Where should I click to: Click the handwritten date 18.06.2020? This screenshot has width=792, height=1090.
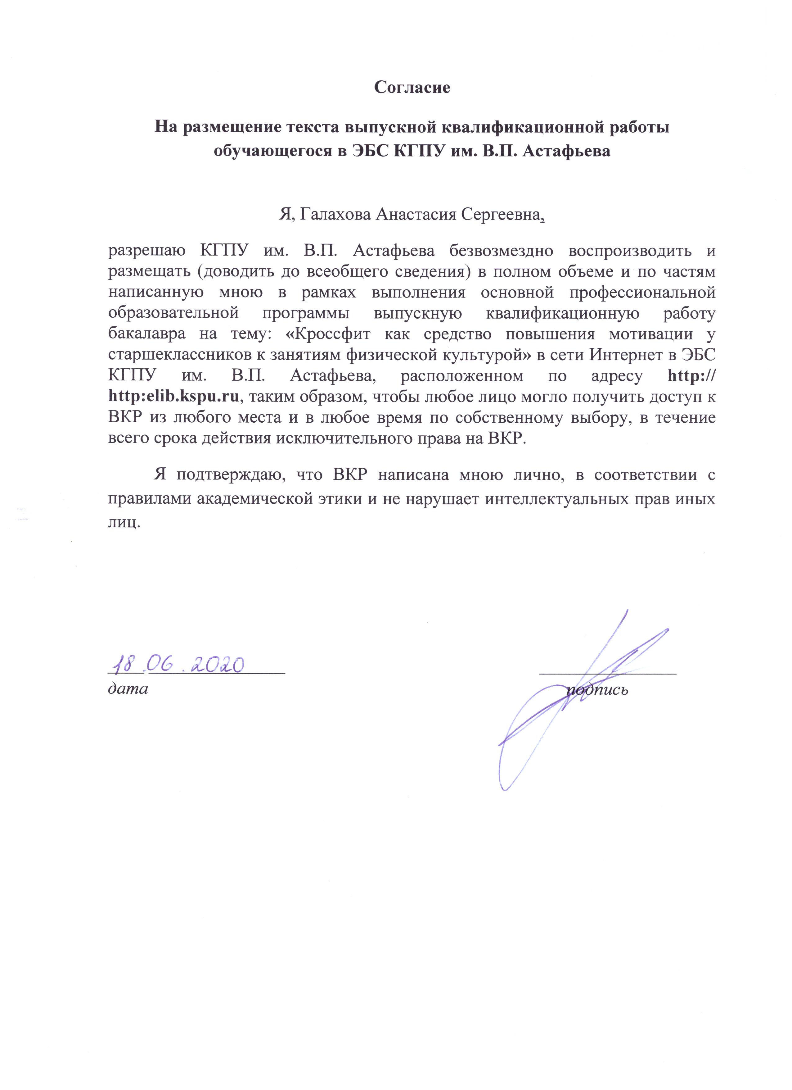[177, 664]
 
